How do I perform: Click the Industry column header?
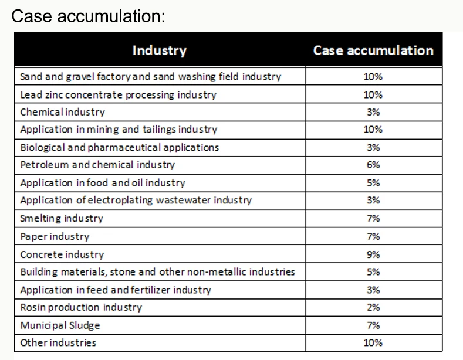[159, 50]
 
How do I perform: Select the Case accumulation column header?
[373, 50]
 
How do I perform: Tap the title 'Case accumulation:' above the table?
[88, 16]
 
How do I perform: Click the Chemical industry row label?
[62, 112]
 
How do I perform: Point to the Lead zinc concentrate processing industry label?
[118, 94]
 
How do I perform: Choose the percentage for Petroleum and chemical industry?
[373, 165]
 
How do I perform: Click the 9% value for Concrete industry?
[373, 254]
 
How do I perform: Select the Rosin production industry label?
[81, 307]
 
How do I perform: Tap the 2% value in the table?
[373, 307]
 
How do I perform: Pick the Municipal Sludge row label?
[60, 325]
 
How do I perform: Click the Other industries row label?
[58, 342]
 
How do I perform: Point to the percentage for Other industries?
[373, 342]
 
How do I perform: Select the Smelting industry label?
[62, 218]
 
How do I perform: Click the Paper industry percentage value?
[373, 236]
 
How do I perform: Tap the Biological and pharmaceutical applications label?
[119, 147]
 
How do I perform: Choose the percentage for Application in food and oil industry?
[373, 183]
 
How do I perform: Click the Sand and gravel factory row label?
[150, 77]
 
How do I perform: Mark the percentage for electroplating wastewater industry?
[373, 201]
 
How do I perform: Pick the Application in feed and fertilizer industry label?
[116, 290]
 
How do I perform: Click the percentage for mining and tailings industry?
[373, 130]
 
